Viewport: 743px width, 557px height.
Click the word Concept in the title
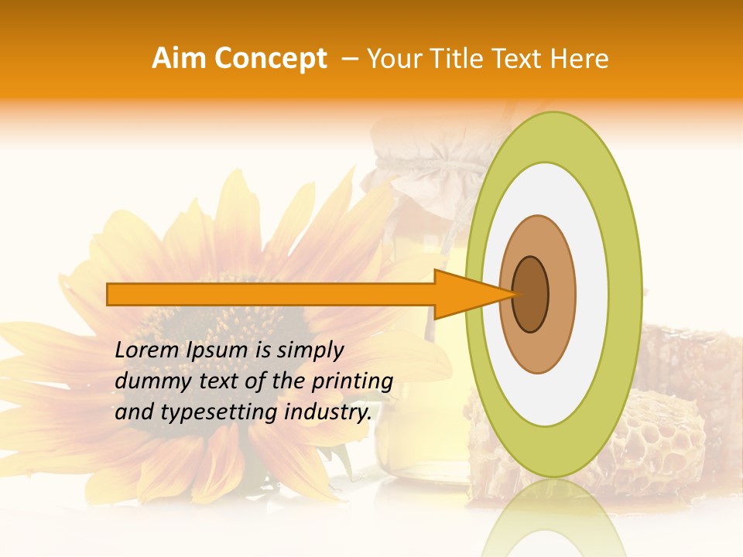point(270,59)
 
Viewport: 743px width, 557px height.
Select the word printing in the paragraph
point(352,381)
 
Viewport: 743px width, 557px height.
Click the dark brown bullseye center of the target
point(531,294)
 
